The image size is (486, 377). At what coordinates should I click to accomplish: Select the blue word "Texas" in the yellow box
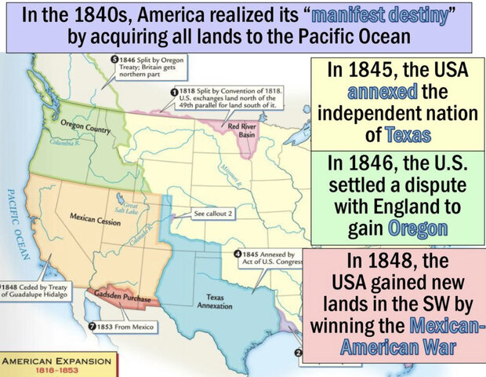click(408, 134)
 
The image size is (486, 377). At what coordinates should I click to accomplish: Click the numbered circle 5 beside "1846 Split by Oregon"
click(114, 59)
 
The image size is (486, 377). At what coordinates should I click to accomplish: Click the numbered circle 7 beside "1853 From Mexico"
click(92, 326)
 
